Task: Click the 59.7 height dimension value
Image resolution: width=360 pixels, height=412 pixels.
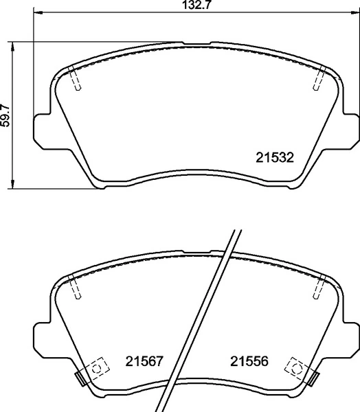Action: [x=5, y=114]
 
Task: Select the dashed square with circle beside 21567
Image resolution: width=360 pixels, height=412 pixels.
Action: [x=97, y=369]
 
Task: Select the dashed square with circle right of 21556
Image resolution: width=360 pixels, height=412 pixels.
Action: [x=298, y=369]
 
